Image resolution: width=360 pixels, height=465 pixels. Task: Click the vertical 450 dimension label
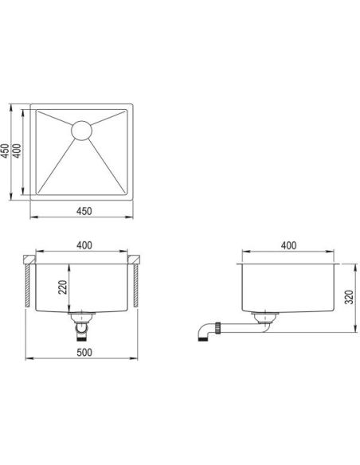coord(5,151)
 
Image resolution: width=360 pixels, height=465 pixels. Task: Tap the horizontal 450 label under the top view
coord(84,211)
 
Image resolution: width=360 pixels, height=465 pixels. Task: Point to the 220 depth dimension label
coord(63,287)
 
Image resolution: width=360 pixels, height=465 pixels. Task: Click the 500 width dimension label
coord(84,352)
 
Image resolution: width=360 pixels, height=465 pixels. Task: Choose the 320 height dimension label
coord(350,297)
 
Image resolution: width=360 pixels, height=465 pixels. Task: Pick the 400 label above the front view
coord(84,245)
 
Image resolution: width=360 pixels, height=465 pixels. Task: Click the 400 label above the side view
coord(288,245)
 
